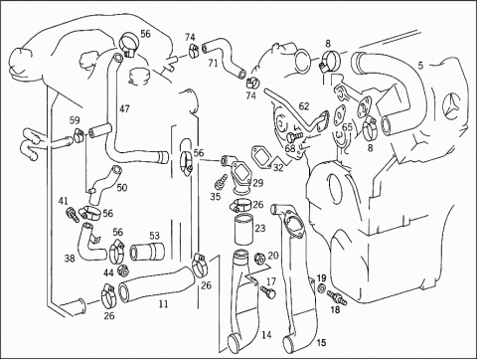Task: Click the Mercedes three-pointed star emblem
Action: click(x=453, y=106)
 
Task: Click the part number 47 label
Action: click(x=125, y=108)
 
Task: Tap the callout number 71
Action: click(x=214, y=63)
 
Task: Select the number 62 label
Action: click(x=304, y=106)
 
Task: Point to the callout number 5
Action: click(x=420, y=66)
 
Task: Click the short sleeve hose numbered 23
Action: click(x=243, y=230)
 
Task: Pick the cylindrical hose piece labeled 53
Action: click(x=148, y=253)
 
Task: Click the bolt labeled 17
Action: click(x=268, y=292)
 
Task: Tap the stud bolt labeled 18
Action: click(x=337, y=297)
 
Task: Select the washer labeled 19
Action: click(x=321, y=288)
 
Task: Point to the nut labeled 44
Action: click(x=123, y=270)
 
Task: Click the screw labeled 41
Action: click(x=73, y=214)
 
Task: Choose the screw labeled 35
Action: click(x=220, y=181)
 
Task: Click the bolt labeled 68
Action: click(x=295, y=136)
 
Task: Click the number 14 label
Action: click(x=266, y=335)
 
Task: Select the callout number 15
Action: click(x=321, y=342)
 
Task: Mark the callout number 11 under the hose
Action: click(x=163, y=303)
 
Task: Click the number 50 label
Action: click(x=122, y=188)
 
